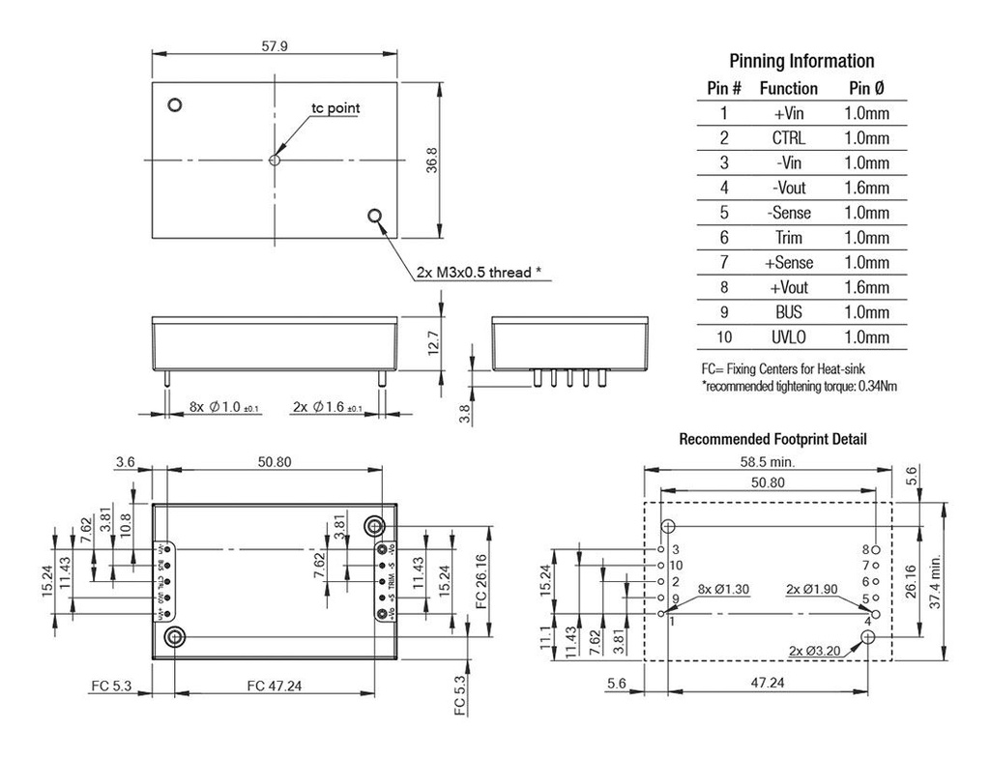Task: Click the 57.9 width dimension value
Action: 275,46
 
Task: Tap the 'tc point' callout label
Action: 335,107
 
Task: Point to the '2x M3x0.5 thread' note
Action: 478,273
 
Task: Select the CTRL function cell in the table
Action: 788,138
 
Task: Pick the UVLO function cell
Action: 788,337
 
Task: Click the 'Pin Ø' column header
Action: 865,88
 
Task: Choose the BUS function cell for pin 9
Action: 788,312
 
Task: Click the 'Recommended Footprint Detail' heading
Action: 772,439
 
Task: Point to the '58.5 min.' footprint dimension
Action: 769,462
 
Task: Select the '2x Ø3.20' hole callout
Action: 814,651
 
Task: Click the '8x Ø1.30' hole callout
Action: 724,589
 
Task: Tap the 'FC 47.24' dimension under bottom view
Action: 275,686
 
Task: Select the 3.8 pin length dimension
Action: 463,414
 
